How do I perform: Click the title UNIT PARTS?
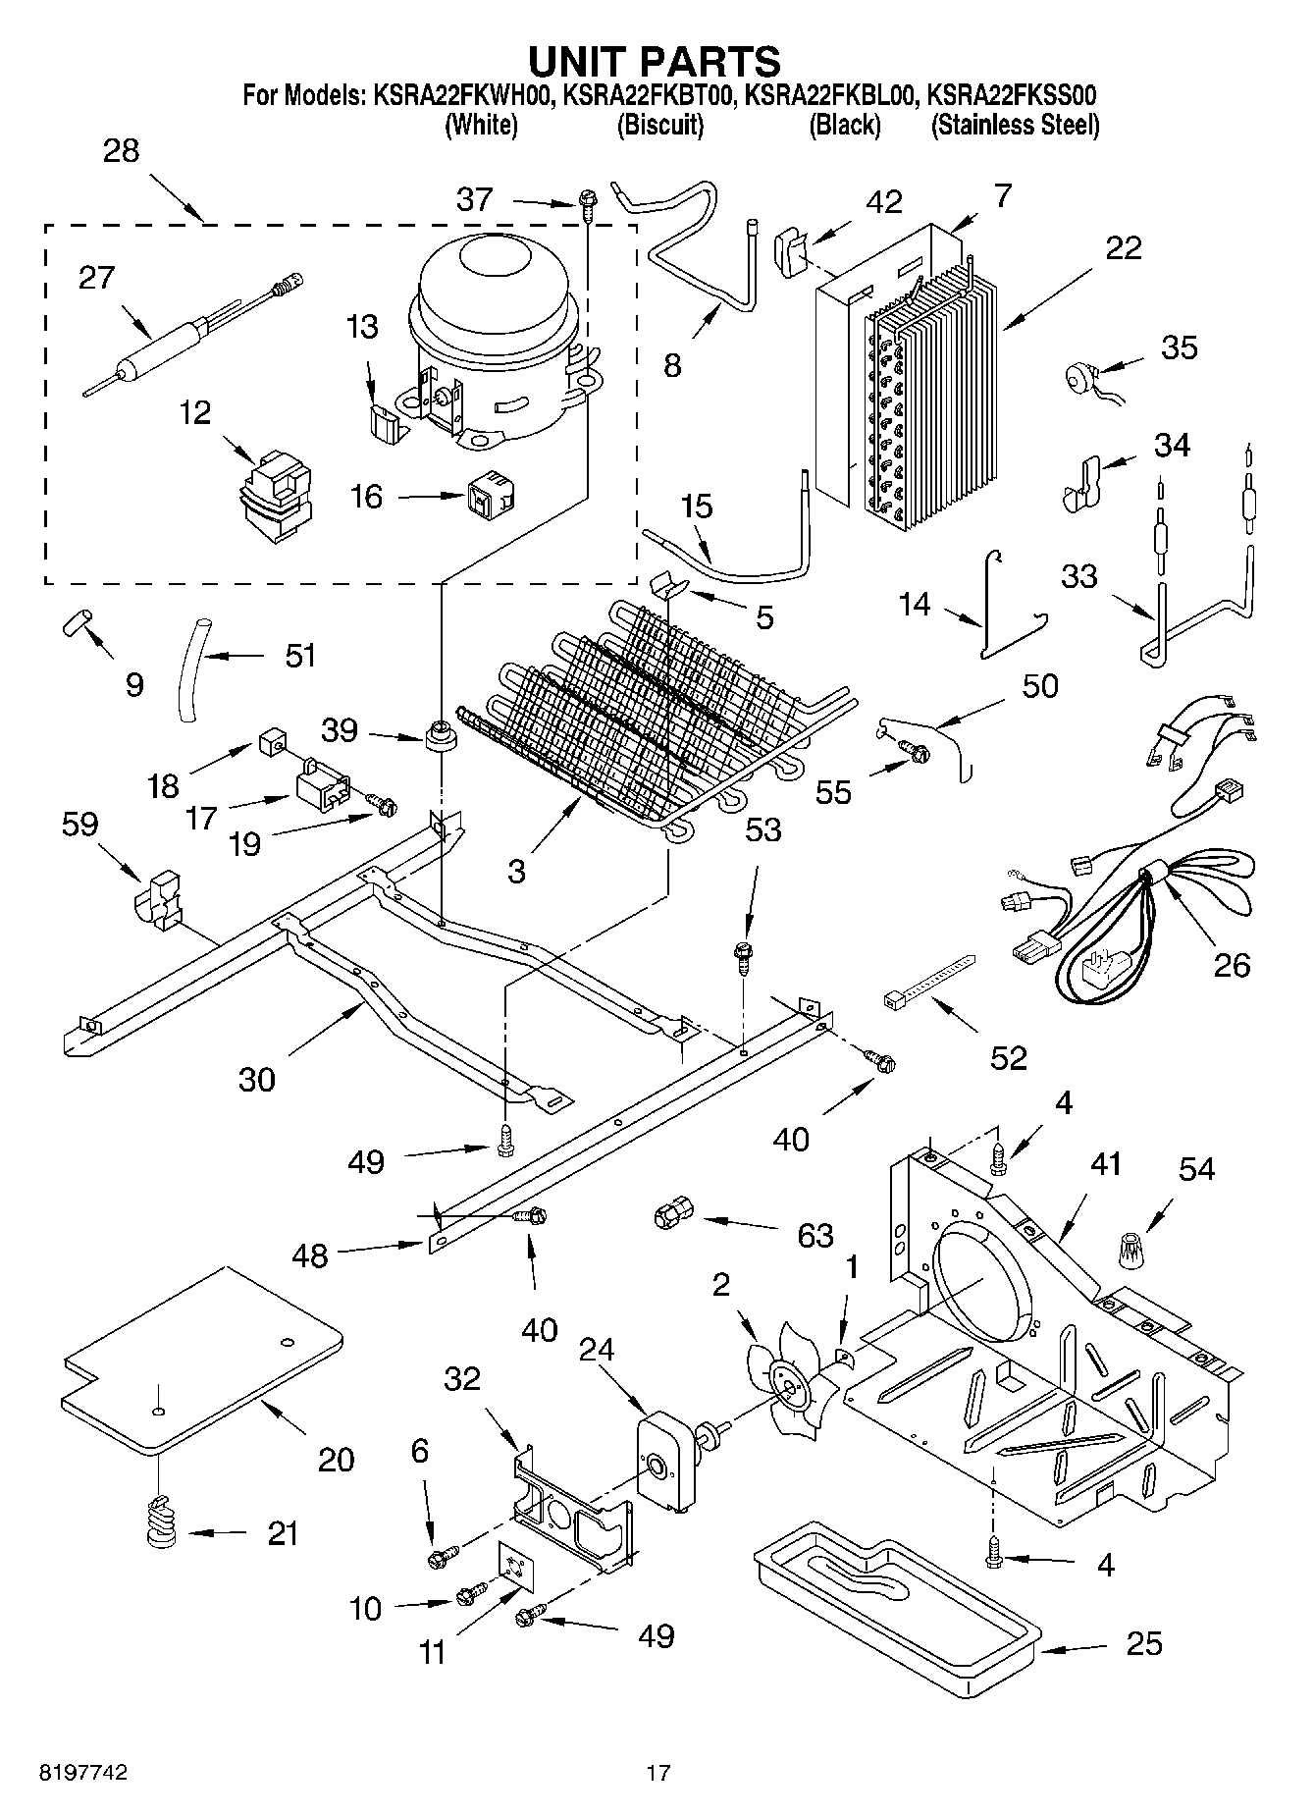point(655,61)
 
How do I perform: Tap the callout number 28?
point(121,151)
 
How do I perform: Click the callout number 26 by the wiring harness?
point(1232,965)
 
